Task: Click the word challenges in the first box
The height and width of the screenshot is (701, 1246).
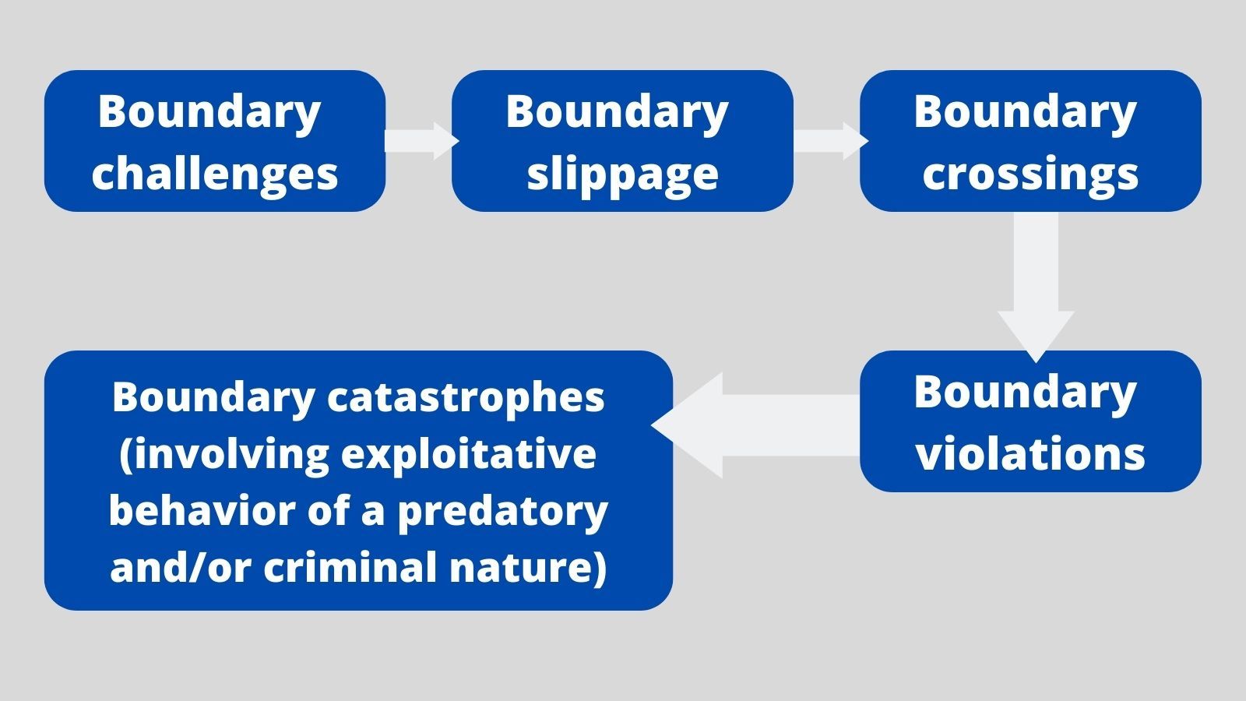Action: point(215,173)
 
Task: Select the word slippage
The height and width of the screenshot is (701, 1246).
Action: point(622,173)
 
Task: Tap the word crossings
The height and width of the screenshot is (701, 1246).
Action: point(1030,173)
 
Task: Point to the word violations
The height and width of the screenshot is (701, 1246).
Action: point(1030,453)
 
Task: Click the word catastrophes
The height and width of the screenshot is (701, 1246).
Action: point(466,397)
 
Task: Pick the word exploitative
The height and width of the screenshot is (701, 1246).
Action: point(469,453)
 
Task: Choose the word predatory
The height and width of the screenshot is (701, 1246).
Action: point(503,511)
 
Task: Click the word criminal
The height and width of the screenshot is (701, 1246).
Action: point(351,567)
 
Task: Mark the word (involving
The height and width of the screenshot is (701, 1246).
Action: point(224,453)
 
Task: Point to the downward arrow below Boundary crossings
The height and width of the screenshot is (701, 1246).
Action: point(1036,288)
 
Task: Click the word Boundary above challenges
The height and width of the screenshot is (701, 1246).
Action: point(209,111)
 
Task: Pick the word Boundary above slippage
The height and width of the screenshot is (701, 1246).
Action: point(617,111)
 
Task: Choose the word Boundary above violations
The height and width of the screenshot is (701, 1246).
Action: point(1025,392)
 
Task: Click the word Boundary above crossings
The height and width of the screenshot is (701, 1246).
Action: point(1025,111)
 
